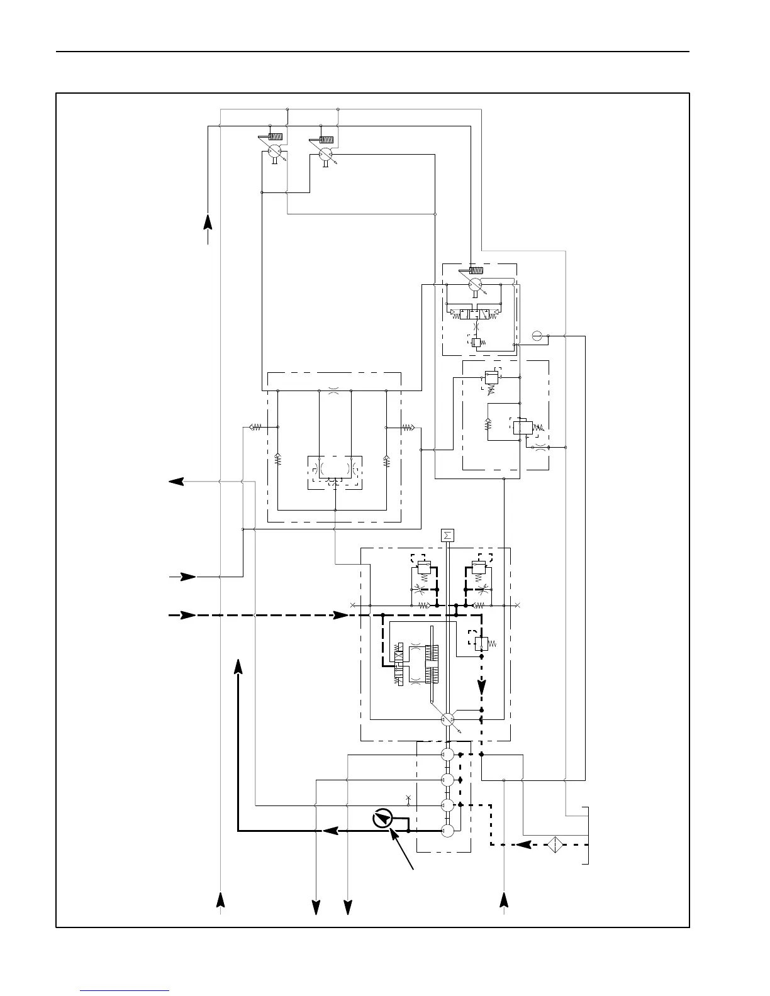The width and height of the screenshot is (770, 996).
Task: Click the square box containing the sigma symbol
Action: point(447,536)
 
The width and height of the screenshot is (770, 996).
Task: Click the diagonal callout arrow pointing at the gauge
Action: point(403,849)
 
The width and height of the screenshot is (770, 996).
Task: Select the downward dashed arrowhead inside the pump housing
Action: point(482,686)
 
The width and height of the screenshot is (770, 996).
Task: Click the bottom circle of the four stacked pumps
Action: point(447,831)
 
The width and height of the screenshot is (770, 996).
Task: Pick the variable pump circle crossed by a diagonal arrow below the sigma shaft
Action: point(448,721)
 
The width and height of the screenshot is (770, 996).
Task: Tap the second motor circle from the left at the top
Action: point(325,155)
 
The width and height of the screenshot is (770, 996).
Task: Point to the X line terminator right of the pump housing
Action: point(517,606)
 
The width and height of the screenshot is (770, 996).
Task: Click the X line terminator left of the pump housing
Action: point(352,606)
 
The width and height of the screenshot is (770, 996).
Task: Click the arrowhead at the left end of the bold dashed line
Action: point(187,615)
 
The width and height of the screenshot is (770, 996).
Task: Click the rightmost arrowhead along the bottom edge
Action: point(504,900)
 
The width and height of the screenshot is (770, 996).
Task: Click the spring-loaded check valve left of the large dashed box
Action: point(255,428)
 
